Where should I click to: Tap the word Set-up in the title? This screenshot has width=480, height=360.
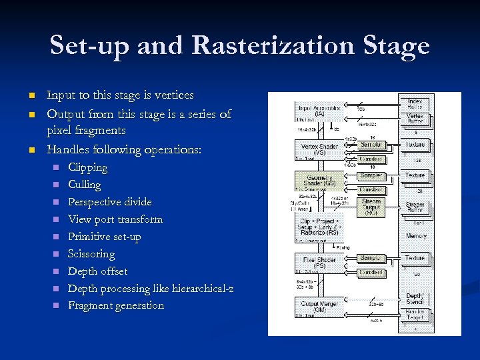(x=86, y=47)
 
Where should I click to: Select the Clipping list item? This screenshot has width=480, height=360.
(x=87, y=167)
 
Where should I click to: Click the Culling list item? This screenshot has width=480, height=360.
(x=84, y=185)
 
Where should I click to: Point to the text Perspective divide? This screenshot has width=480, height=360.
(x=109, y=202)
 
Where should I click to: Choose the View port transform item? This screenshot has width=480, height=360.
(x=115, y=219)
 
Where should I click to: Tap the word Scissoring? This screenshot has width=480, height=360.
(x=91, y=254)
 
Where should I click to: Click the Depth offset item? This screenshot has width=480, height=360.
(x=97, y=271)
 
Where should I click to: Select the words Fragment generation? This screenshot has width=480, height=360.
(x=115, y=306)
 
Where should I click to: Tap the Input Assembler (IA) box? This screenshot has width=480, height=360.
(x=319, y=111)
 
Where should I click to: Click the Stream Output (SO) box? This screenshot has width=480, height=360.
(x=371, y=207)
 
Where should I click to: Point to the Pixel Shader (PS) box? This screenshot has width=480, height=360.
(x=319, y=262)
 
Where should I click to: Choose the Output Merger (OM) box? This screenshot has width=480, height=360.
(x=319, y=307)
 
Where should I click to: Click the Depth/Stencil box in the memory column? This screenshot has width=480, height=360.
(x=415, y=299)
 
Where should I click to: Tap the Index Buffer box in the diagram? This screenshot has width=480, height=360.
(x=415, y=103)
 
